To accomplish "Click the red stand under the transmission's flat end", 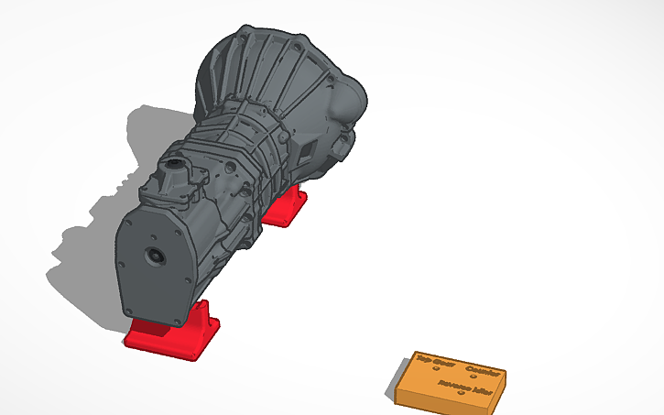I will pyautogui.click(x=169, y=336).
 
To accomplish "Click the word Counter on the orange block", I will pyautogui.click(x=483, y=371).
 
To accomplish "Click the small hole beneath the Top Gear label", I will pyautogui.click(x=435, y=369).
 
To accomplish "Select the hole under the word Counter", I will pyautogui.click(x=474, y=378).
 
